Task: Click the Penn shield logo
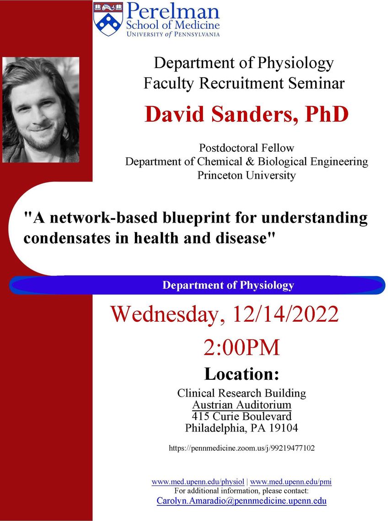108,19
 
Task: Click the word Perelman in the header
173,11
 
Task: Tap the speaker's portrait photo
41,110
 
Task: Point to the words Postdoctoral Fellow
246,148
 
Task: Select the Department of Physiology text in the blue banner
228,285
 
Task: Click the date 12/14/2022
286,314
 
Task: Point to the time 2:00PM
242,347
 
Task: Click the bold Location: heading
242,374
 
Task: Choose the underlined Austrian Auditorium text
242,405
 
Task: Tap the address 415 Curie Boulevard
242,416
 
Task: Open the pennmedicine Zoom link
242,448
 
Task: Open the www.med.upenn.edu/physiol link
198,482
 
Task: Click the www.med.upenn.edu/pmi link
291,482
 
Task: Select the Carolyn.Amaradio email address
242,501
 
